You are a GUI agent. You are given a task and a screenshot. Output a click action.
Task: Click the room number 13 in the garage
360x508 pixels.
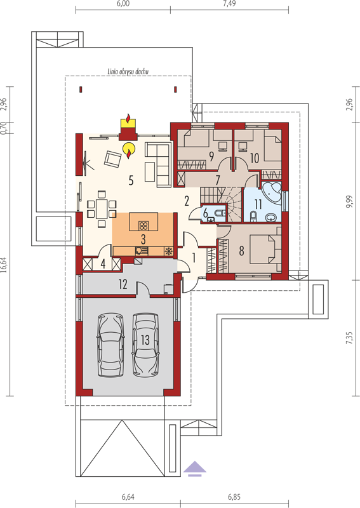pos(145,340)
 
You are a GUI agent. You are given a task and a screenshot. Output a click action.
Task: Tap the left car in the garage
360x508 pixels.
pos(110,345)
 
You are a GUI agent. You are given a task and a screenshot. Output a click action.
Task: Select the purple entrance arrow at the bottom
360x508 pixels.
pos(195,469)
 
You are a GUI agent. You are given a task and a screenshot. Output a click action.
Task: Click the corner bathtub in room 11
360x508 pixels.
pos(271,193)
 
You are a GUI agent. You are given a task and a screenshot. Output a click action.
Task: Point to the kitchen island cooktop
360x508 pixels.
pos(143,225)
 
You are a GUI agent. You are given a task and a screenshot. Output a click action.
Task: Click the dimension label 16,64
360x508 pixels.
pos(4,265)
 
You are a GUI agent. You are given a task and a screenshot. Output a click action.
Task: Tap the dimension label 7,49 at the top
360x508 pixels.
pos(229,4)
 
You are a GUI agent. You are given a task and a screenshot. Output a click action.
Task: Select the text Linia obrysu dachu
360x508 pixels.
pos(128,72)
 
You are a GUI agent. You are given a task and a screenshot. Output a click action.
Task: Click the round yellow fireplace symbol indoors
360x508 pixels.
pos(129,149)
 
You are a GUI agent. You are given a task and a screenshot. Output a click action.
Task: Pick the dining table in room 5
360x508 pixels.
pos(102,209)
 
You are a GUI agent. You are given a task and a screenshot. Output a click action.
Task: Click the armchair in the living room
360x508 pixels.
pos(112,159)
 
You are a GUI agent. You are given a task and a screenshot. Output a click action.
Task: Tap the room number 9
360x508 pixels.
pos(211,156)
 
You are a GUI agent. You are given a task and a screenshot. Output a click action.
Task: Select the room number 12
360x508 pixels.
pos(123,284)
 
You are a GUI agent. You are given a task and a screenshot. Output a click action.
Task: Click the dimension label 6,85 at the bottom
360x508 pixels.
pos(234,497)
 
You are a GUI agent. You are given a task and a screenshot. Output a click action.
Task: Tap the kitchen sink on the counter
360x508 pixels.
pos(142,251)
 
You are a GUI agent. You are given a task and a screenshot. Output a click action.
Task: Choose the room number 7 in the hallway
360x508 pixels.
pos(218,180)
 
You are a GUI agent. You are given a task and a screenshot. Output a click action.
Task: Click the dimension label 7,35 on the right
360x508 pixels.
pos(349,338)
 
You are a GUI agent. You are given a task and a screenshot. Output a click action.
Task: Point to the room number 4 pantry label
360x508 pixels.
pos(103,264)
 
